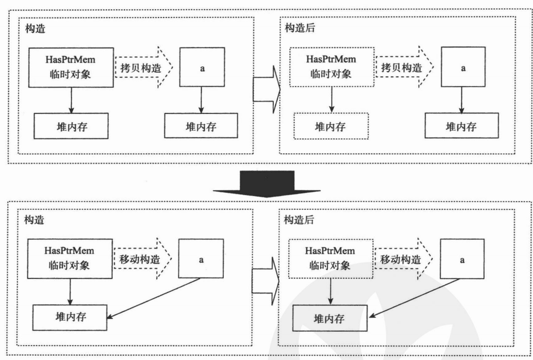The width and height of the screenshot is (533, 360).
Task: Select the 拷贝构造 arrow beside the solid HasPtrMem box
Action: point(142,68)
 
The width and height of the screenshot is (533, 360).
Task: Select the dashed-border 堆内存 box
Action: point(331,126)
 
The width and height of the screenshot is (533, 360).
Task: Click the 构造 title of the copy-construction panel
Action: point(35,28)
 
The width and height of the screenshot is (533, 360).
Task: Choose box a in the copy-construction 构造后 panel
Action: point(462,68)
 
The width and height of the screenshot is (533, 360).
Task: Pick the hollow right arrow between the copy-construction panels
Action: point(265,89)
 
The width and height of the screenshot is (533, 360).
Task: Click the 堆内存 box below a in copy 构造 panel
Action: point(201,126)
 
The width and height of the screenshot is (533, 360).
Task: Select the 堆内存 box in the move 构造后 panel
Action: point(330,318)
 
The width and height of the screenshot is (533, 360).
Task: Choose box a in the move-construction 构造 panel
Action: point(202,259)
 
